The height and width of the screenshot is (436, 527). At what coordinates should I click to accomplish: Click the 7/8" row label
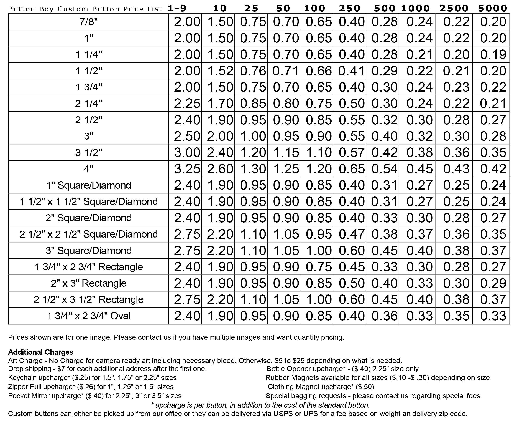[89, 22]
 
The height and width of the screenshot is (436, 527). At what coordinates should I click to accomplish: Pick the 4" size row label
[89, 169]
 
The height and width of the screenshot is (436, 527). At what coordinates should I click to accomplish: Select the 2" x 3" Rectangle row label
[89, 283]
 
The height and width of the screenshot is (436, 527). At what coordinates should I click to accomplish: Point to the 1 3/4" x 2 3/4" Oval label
[89, 316]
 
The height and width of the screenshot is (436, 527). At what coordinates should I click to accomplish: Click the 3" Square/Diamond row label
[89, 250]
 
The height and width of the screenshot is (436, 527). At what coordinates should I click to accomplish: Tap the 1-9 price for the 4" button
[187, 169]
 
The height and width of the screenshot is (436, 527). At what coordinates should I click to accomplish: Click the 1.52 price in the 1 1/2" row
[220, 71]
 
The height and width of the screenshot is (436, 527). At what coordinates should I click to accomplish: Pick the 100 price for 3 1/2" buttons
[319, 152]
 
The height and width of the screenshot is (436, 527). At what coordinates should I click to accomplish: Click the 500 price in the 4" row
[384, 169]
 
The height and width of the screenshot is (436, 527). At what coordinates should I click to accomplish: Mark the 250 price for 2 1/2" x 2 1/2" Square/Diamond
[351, 234]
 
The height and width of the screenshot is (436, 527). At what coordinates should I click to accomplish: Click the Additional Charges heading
[41, 352]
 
